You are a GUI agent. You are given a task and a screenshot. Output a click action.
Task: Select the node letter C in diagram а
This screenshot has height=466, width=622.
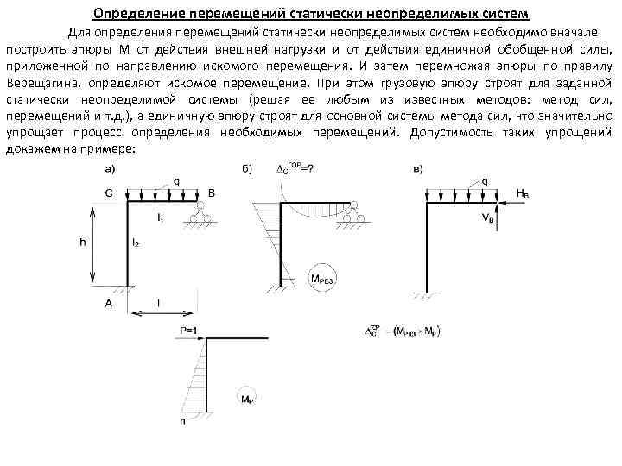[x=108, y=193]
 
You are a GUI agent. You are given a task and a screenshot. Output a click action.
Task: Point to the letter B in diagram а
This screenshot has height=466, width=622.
[x=212, y=193]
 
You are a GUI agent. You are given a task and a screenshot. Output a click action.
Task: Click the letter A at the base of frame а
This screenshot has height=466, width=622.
[x=108, y=303]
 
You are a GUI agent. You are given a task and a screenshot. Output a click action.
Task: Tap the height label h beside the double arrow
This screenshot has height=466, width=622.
[x=83, y=242]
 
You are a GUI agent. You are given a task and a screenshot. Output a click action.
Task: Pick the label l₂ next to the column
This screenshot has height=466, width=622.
[x=136, y=245]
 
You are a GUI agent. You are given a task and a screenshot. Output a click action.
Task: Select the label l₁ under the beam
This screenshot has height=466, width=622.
[x=161, y=217]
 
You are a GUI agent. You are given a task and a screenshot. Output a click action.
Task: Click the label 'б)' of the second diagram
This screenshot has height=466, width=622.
[x=248, y=169]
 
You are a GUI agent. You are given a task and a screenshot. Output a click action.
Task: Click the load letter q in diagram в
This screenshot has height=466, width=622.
[x=485, y=181]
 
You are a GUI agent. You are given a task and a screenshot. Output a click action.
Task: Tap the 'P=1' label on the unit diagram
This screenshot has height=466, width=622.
[x=188, y=330]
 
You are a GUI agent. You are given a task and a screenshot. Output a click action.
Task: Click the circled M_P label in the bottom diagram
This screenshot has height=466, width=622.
[x=246, y=399]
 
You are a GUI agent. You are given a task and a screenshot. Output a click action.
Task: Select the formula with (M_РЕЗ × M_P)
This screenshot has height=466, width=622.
[x=403, y=330]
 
